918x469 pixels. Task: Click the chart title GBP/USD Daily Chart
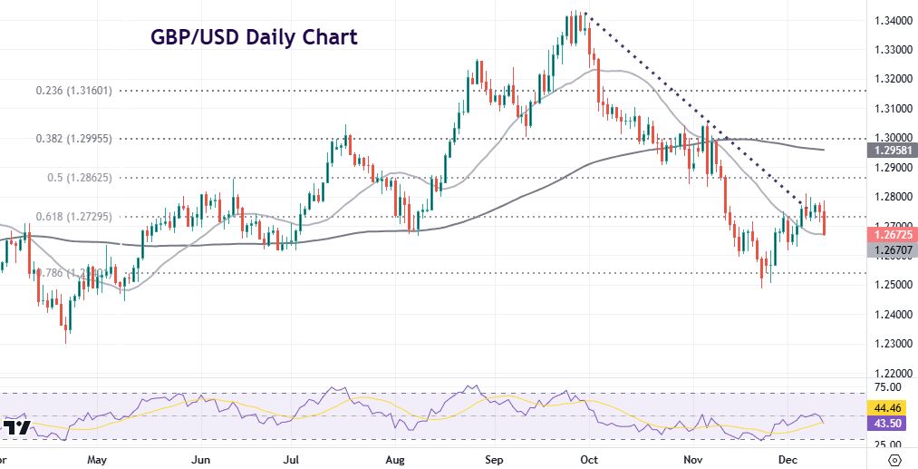(x=253, y=37)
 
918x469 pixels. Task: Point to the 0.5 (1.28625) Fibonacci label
(x=80, y=178)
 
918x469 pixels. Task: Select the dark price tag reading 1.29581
(x=891, y=150)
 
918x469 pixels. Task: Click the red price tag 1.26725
(x=891, y=234)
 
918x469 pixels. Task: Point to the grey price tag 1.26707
(x=891, y=249)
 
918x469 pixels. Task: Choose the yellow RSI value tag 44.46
(x=891, y=408)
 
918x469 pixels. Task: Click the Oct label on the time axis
(x=589, y=460)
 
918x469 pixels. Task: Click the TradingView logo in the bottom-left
(x=17, y=426)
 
